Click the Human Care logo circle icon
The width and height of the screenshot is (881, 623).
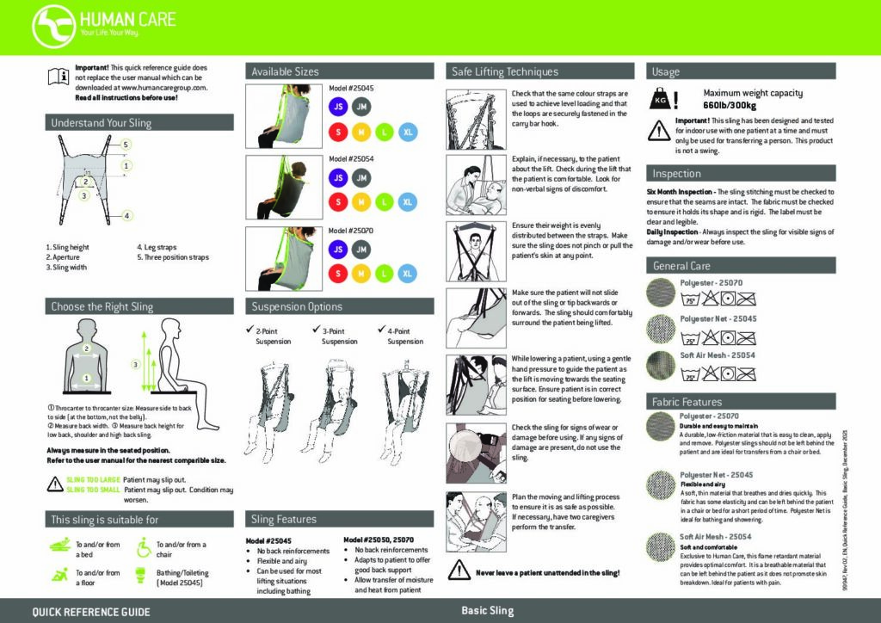[52, 27]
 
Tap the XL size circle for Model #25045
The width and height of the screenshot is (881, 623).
[408, 132]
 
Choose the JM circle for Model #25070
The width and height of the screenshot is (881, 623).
[361, 250]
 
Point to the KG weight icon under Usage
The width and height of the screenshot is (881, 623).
[662, 99]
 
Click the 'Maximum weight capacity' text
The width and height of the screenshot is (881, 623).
[753, 93]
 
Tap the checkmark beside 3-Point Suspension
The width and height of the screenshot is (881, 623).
[315, 330]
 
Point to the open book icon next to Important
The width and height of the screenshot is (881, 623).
[58, 77]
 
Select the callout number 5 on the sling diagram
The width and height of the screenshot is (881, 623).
[126, 145]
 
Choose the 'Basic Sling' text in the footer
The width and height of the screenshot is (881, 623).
[487, 611]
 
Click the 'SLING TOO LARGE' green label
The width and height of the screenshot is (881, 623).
[93, 479]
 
